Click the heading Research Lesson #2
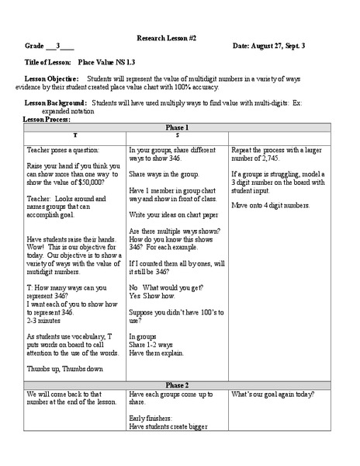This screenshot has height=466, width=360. point(179,37)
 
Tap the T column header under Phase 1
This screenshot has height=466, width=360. point(74,135)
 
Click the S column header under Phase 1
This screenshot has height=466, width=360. point(178,135)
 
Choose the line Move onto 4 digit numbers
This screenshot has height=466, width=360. point(270,205)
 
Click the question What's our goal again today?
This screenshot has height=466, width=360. point(272,395)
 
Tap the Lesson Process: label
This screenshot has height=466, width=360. point(47,120)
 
